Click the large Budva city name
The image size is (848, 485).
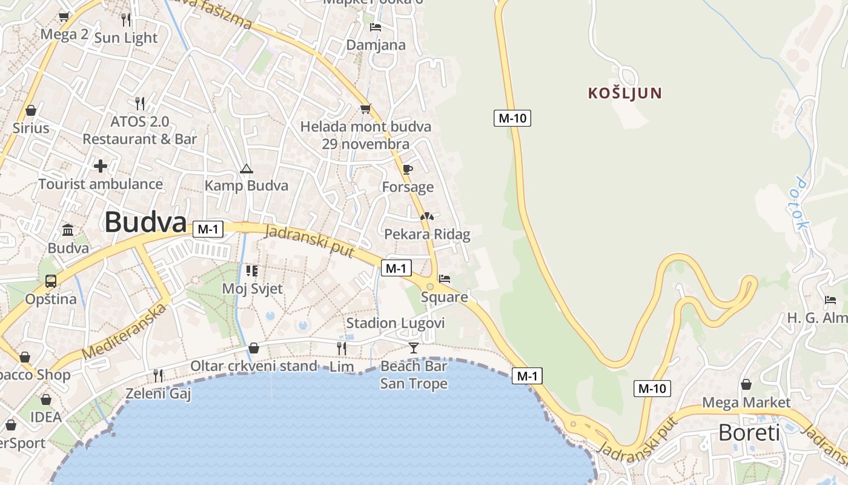pos(145,222)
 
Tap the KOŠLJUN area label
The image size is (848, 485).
pos(624,93)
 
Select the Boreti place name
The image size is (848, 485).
pos(749,433)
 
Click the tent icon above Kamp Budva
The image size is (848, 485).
pos(246,168)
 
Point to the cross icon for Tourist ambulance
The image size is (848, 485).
pos(101,166)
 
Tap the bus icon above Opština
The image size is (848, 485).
pos(51,281)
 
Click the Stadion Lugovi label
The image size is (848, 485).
pos(396,323)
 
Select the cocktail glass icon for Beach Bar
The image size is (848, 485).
pos(414,347)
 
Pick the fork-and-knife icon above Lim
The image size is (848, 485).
pos(342,348)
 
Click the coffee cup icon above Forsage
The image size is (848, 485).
pos(408,169)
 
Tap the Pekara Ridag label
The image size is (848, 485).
pos(427,234)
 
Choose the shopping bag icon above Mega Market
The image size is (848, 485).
pos(746,384)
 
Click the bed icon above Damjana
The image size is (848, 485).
pos(376,27)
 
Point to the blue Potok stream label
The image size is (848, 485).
pos(802,204)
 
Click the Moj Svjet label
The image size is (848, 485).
pos(252,288)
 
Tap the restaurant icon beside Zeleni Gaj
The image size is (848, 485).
pos(158,375)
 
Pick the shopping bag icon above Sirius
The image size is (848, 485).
pos(31,110)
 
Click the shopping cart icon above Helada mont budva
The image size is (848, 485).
pos(365,109)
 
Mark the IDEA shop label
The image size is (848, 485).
pos(46,416)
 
